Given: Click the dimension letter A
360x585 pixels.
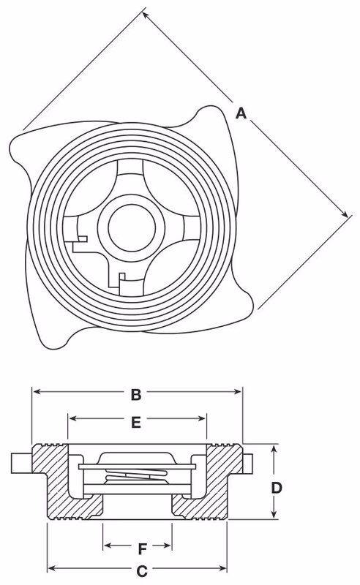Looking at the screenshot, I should (241, 113).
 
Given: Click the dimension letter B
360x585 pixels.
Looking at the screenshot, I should (136, 395).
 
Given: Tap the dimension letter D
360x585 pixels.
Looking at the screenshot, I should (277, 487).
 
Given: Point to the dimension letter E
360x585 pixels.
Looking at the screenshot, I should (135, 421).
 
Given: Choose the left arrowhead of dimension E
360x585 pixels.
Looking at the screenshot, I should (72, 419).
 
